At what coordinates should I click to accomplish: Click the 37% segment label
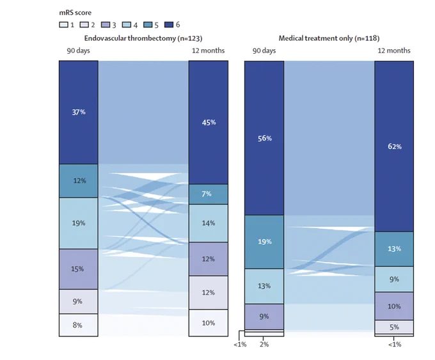79,112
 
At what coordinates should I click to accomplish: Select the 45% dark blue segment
209,122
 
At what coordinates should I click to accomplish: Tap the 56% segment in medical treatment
264,138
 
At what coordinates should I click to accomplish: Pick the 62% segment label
395,146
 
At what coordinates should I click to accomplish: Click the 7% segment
209,194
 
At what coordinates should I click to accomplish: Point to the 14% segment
209,223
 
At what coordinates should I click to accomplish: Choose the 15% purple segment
79,269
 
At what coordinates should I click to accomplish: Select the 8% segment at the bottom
79,325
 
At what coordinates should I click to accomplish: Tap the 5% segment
394,327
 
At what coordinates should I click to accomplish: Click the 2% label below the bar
264,345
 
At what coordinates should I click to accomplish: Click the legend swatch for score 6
169,25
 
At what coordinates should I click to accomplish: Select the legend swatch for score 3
106,25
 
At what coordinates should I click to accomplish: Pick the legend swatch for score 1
63,25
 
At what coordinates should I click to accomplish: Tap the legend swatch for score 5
148,25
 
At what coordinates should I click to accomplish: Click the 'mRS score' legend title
75,13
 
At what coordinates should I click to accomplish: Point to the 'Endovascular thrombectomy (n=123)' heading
143,38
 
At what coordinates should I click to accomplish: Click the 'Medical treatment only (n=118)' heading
329,38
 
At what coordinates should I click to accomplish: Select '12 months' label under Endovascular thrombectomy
209,51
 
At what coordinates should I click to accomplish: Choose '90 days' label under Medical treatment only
264,51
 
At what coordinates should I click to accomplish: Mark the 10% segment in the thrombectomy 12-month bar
209,323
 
